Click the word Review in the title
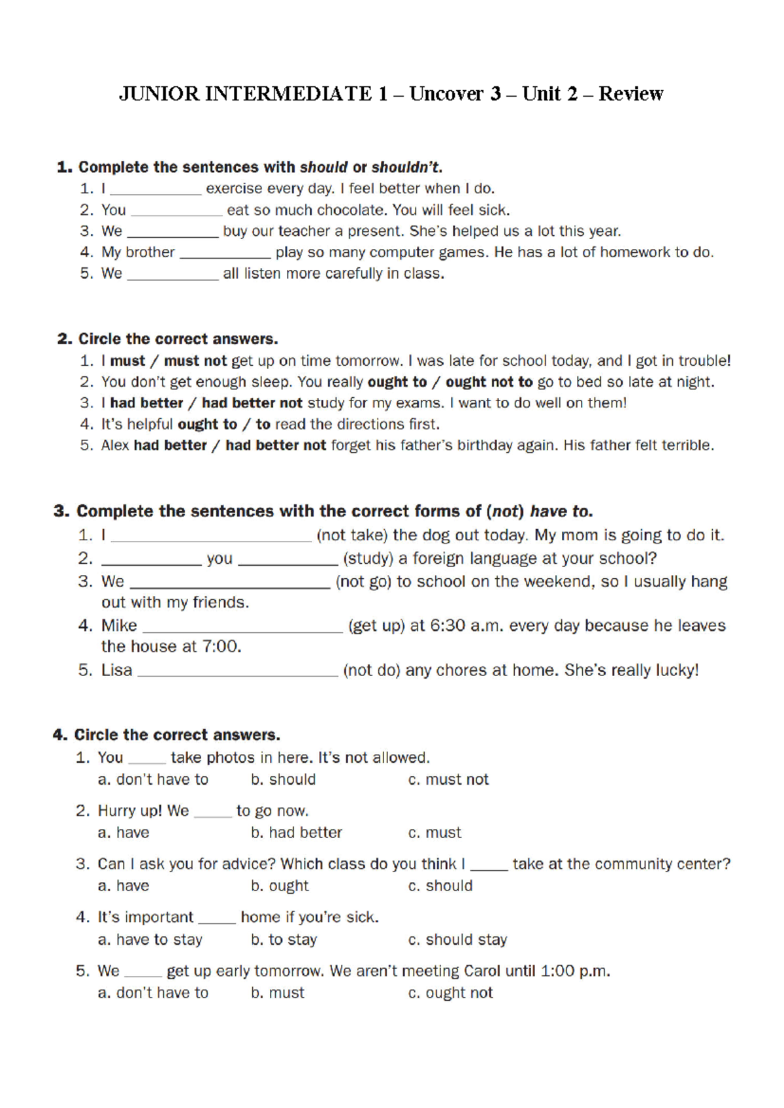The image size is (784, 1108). [x=630, y=94]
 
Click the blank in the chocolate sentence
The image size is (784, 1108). [x=176, y=211]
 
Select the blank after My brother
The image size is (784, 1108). [x=225, y=253]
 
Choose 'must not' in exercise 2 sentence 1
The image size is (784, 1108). [x=195, y=361]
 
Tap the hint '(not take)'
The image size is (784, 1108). [x=352, y=536]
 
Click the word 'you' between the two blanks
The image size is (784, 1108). [x=220, y=559]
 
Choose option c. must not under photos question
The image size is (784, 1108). [x=448, y=779]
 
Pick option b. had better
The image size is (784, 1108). [x=297, y=833]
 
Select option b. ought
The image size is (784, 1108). [x=280, y=886]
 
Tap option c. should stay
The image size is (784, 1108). [x=457, y=939]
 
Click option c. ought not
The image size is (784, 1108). [x=451, y=993]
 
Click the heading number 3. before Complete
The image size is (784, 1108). [x=61, y=511]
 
